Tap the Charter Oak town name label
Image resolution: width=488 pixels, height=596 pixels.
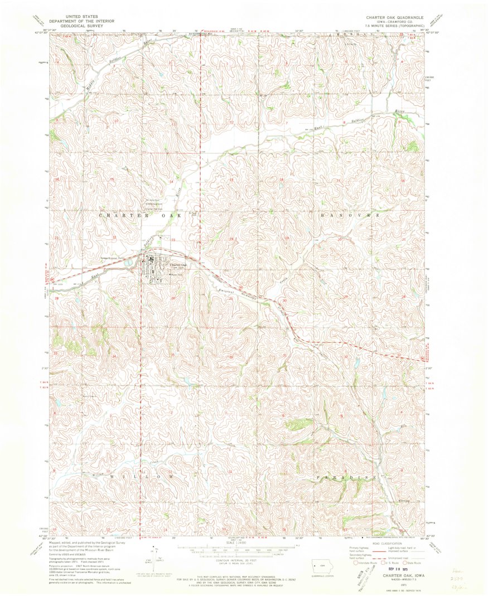pos(177,264)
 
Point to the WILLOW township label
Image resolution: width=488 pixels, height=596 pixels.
pos(141,477)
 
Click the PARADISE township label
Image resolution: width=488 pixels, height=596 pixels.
pos(347,478)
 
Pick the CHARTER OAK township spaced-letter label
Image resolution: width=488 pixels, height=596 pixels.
pos(140,215)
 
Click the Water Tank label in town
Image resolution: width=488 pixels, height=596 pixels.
pos(177,274)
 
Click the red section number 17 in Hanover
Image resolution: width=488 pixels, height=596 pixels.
pos(339,181)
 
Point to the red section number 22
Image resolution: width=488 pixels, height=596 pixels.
pos(114,238)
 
